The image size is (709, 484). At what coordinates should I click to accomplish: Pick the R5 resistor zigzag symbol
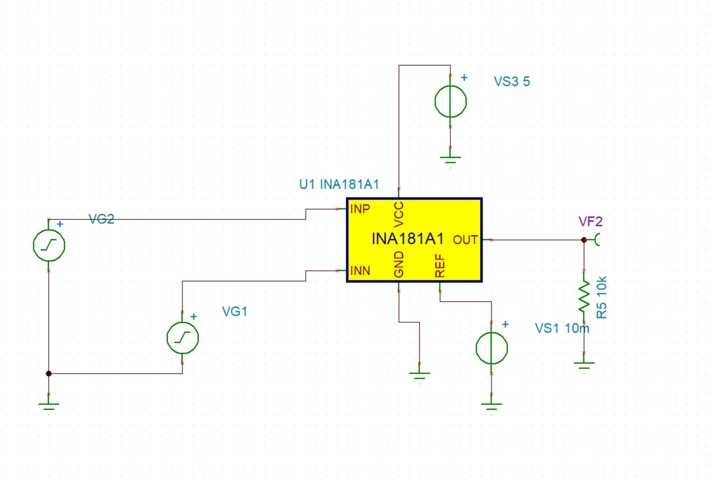[x=584, y=296]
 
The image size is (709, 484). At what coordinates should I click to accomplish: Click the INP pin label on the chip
[x=360, y=209]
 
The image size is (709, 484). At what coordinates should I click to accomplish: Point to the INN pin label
[x=360, y=271]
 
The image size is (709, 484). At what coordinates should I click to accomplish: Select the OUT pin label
[x=465, y=240]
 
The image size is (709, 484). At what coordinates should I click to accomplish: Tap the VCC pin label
[x=399, y=215]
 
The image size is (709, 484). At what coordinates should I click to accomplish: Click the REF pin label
[x=440, y=266]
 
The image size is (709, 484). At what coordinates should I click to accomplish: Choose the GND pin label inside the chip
[x=399, y=264]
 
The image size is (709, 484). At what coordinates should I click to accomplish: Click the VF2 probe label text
[x=591, y=221]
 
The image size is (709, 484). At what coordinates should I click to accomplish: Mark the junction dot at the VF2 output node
[x=584, y=240]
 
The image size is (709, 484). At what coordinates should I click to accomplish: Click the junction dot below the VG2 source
[x=49, y=373]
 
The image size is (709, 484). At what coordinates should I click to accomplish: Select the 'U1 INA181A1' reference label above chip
[x=339, y=184]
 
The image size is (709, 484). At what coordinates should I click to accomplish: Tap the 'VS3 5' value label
[x=512, y=82]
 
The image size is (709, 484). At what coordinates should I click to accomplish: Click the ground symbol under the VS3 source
[x=450, y=160]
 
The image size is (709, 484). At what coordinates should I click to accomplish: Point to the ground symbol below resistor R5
[x=584, y=366]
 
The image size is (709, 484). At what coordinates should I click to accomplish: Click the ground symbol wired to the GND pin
[x=419, y=376]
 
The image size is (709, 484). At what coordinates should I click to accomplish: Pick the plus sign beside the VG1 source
[x=194, y=317]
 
